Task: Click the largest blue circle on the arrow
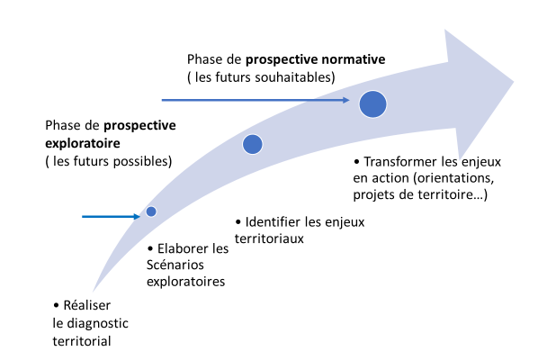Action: click(372, 104)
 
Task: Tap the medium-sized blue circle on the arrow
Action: click(253, 144)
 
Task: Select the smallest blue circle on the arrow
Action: click(151, 211)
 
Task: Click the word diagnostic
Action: click(99, 323)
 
